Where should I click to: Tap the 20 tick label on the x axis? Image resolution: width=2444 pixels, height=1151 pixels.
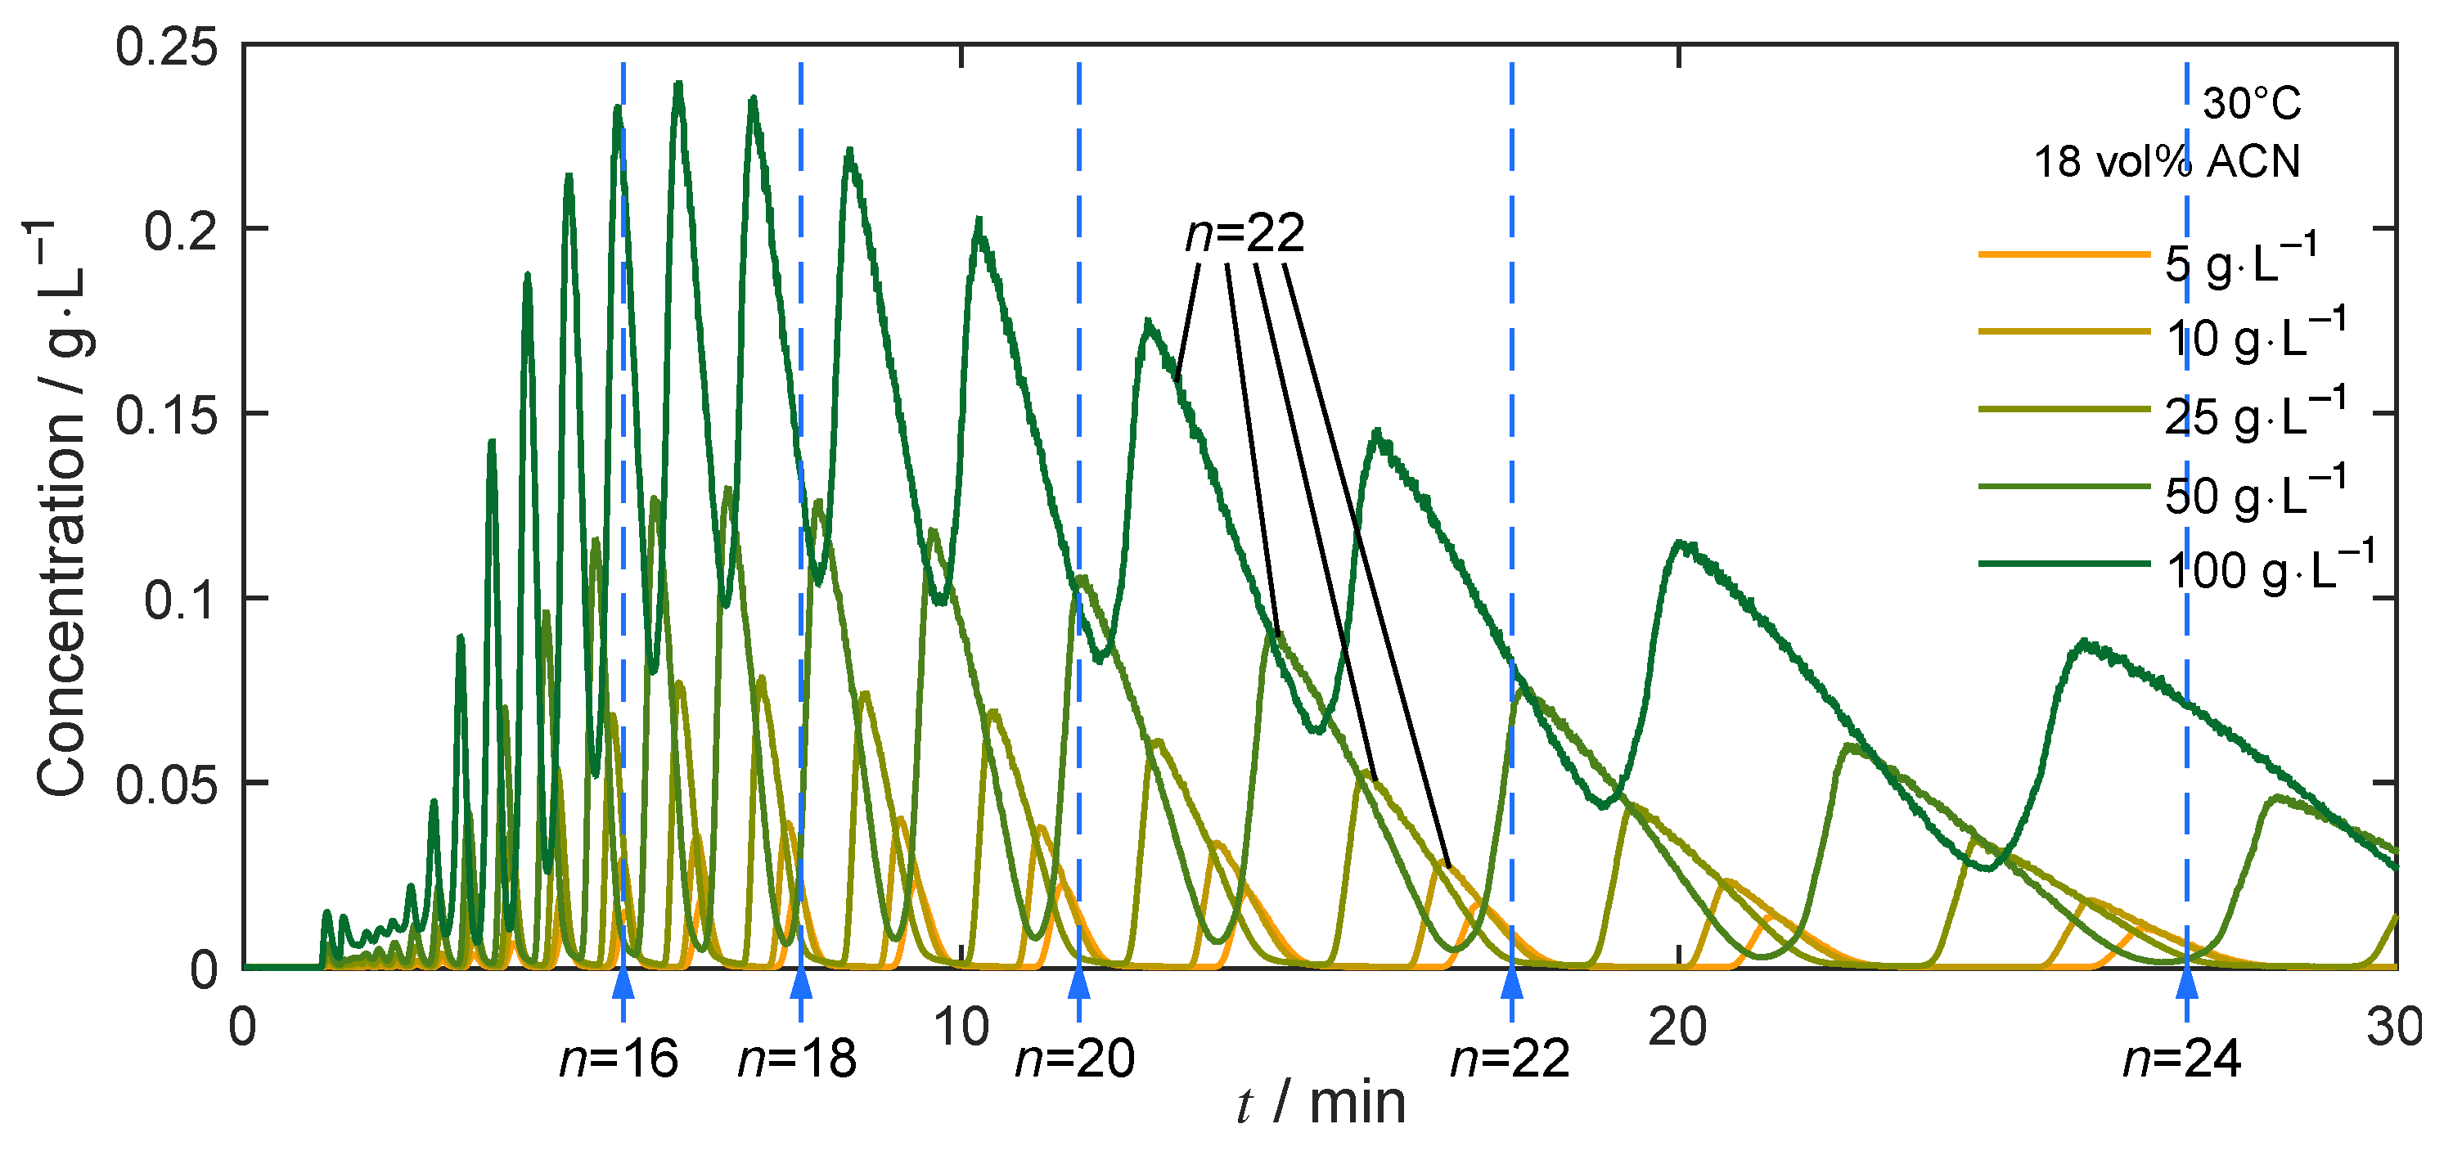click(x=1677, y=1027)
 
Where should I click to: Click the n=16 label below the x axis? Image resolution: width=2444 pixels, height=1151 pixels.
click(x=619, y=1060)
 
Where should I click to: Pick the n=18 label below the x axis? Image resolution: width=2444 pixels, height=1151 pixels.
click(x=797, y=1060)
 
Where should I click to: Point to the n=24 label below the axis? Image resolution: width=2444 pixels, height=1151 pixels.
click(x=2181, y=1060)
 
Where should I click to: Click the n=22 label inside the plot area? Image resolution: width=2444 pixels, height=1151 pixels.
click(x=1245, y=233)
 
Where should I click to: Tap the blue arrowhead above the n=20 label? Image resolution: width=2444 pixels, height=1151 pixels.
click(x=1078, y=983)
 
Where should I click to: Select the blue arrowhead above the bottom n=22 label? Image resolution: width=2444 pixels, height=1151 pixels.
click(x=1511, y=983)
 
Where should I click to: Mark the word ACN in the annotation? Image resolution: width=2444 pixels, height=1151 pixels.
click(x=2253, y=162)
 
